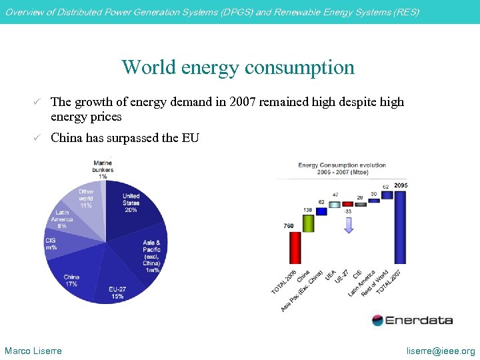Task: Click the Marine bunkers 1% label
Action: pyautogui.click(x=103, y=169)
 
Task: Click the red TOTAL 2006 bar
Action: pyautogui.click(x=295, y=247)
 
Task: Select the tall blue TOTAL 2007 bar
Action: pyautogui.click(x=400, y=227)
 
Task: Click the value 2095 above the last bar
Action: pyautogui.click(x=401, y=185)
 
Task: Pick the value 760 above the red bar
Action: pyautogui.click(x=289, y=226)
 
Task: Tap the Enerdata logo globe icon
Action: pyautogui.click(x=378, y=320)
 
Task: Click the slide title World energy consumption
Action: pyautogui.click(x=238, y=67)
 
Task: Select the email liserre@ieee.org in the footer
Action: pyautogui.click(x=442, y=351)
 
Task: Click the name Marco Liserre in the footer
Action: pyautogui.click(x=33, y=351)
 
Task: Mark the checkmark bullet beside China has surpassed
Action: pyautogui.click(x=38, y=138)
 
